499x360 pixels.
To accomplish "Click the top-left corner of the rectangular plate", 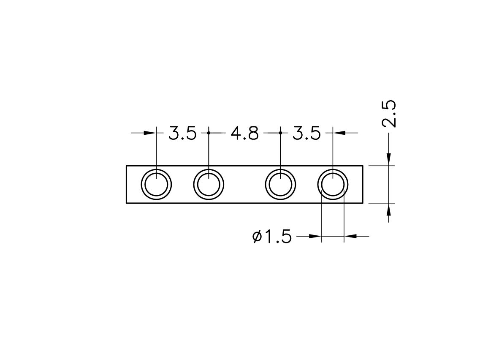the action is [x=126, y=166].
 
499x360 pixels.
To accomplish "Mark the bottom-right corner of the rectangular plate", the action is [x=363, y=203].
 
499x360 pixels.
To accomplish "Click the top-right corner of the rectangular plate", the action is [x=363, y=166].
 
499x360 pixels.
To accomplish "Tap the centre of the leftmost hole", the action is [x=156, y=185].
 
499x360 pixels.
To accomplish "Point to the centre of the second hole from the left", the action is [x=209, y=185].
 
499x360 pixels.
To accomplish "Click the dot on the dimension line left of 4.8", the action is [x=209, y=133].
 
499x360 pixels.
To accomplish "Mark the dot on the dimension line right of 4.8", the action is [x=280, y=133].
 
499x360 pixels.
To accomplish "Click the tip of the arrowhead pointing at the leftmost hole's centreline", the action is [x=156, y=133].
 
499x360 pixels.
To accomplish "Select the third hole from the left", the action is [x=280, y=185].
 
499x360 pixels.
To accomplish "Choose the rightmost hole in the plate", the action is [x=333, y=185].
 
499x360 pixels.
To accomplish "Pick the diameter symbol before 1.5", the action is [x=257, y=236].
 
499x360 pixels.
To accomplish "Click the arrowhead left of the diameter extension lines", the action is [x=315, y=236].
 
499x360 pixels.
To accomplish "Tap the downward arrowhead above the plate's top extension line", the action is [x=388, y=160].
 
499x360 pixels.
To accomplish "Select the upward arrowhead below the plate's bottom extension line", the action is [x=388, y=209].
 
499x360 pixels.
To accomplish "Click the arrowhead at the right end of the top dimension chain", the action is [x=339, y=133].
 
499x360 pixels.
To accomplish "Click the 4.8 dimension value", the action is [x=244, y=133].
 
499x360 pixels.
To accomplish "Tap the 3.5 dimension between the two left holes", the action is [x=182, y=133].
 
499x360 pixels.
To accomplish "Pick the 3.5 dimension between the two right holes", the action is [x=306, y=133].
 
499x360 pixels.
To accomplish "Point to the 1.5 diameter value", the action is [x=278, y=237].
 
